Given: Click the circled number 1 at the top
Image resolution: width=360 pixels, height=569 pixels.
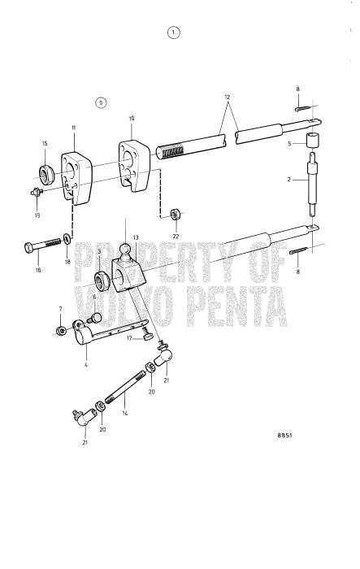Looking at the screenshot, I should pyautogui.click(x=173, y=33).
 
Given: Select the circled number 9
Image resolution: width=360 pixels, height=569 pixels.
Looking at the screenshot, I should pyautogui.click(x=100, y=102).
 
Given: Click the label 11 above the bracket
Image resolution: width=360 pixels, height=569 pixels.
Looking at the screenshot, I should pyautogui.click(x=73, y=128).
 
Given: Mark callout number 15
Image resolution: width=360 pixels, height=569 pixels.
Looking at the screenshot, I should pyautogui.click(x=45, y=143).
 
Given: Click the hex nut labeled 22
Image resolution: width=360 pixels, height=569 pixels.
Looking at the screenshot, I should pyautogui.click(x=176, y=215).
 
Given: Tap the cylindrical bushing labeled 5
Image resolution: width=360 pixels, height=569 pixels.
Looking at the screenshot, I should pyautogui.click(x=312, y=139).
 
